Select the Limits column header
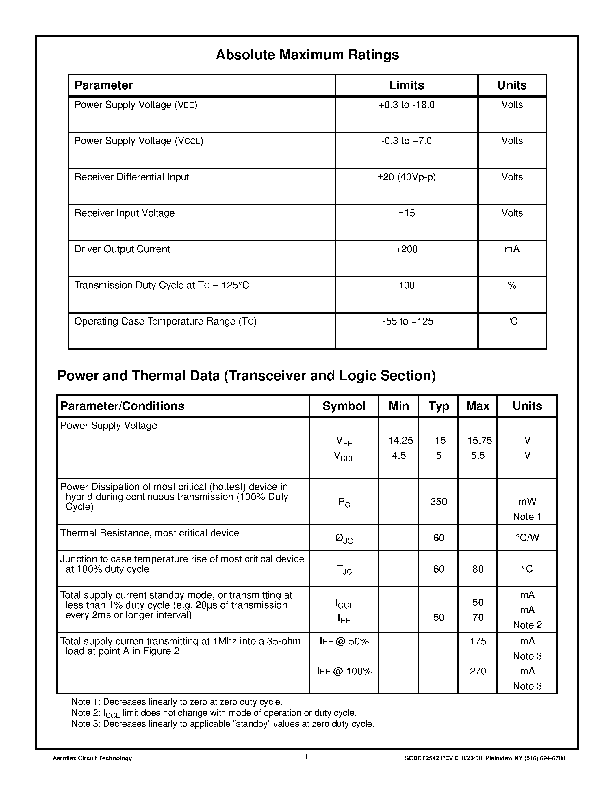[406, 85]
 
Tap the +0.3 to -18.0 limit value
[406, 105]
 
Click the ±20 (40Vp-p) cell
[406, 177]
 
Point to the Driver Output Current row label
[122, 249]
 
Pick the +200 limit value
[406, 249]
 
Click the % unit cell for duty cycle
[512, 285]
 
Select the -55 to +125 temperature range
[407, 321]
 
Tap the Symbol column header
[344, 406]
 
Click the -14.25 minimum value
[399, 441]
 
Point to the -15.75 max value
[478, 441]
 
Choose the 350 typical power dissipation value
[438, 502]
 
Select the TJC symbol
[344, 570]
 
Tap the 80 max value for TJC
[478, 569]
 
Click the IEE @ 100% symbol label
[344, 672]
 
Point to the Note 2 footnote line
[214, 713]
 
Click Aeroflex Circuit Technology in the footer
[92, 758]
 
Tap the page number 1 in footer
[306, 757]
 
